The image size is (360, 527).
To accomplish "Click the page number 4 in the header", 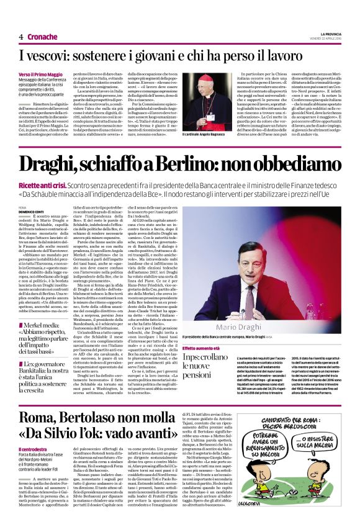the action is click(21, 37).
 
